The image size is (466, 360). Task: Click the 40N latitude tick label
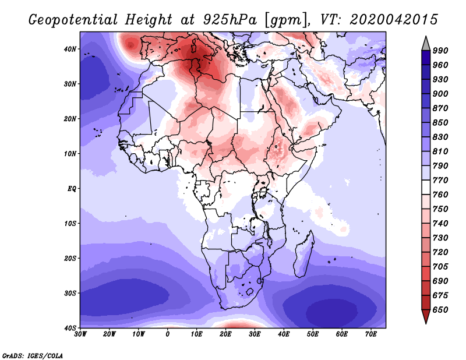[70, 49]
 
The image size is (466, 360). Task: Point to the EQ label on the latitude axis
[72, 189]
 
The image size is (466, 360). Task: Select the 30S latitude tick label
[70, 294]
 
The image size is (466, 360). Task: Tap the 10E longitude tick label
[196, 334]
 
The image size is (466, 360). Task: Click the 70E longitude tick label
[370, 334]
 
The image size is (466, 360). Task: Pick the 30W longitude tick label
[80, 334]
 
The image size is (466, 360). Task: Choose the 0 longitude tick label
[168, 334]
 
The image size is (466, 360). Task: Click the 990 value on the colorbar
[440, 51]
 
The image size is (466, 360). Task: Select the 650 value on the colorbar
[440, 310]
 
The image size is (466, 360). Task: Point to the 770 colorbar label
[440, 180]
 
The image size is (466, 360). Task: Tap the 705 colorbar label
[440, 267]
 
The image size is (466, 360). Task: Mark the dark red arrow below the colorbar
[426, 316]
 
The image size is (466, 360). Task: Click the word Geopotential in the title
[73, 20]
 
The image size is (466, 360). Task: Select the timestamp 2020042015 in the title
[394, 20]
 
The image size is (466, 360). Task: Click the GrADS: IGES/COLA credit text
[33, 356]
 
